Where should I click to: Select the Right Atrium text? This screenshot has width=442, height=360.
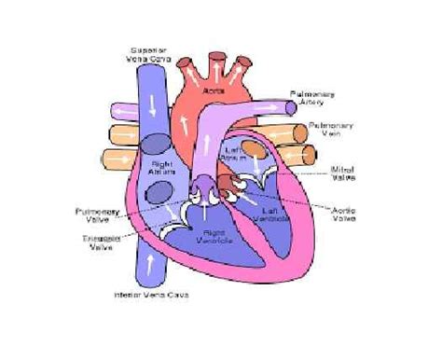(163, 169)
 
